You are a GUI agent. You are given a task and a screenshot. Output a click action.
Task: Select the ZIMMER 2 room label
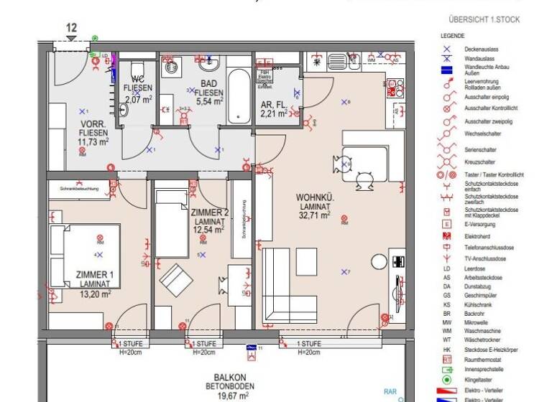[x=210, y=212]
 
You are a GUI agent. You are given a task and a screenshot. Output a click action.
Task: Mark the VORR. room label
[x=94, y=123]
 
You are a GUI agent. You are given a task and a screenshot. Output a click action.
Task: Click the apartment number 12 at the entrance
[x=71, y=28]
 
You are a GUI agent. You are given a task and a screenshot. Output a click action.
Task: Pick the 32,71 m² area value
[x=316, y=215]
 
